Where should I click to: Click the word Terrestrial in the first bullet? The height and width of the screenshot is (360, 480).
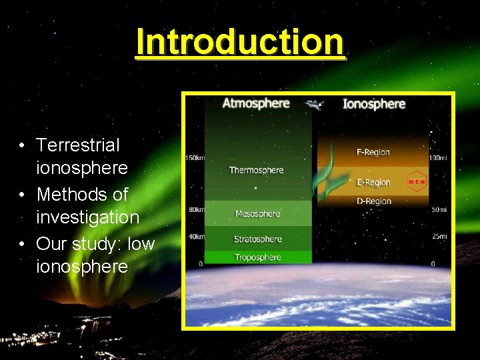pos(78,145)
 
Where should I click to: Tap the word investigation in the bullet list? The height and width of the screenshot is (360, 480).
pos(87,217)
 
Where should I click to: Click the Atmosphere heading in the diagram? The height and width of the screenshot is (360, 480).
pos(256,103)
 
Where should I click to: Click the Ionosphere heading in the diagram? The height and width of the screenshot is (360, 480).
pos(373,103)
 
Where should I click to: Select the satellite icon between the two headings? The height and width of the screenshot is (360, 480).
pos(314,105)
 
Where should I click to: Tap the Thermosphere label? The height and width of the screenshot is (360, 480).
pos(256,170)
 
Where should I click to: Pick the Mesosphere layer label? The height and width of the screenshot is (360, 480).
pos(257,214)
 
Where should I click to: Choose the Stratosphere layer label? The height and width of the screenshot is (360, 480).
pos(257,239)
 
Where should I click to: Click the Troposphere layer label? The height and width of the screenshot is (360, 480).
pos(257,257)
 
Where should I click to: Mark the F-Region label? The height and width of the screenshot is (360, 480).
pos(373,153)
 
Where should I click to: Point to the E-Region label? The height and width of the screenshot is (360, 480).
pos(373,182)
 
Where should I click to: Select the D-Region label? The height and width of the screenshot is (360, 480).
pos(373,201)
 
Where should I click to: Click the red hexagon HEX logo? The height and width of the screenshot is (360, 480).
pos(417,181)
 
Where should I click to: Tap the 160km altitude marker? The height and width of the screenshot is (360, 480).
pos(195,158)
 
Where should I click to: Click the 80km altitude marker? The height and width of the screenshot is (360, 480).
pos(196,209)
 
